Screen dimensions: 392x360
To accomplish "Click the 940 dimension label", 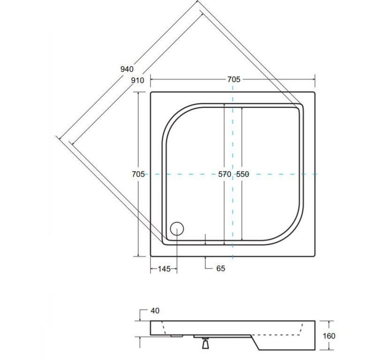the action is coord(127,69).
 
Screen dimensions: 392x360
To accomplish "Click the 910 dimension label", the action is coord(137,80).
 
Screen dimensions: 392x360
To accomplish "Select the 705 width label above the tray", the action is coord(234,79).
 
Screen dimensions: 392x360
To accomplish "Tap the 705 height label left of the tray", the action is coord(138,174).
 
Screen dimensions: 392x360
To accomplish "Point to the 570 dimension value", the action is coord(225,174).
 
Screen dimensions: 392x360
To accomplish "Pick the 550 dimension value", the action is coord(242,174).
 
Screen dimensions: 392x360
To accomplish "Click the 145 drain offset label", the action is coord(164,269).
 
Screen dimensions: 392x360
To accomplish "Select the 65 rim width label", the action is coord(221,268).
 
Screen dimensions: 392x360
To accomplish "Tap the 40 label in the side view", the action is coord(155,311).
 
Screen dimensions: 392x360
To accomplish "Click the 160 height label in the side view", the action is coord(329,336).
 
